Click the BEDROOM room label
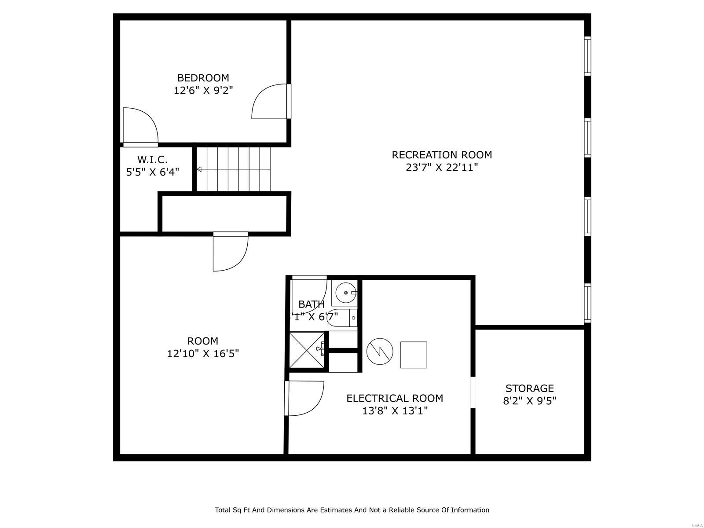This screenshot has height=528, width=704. [x=203, y=78]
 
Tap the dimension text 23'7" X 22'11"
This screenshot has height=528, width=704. [x=442, y=168]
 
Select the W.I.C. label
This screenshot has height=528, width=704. [x=152, y=159]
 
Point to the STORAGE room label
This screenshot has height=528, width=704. [x=529, y=389]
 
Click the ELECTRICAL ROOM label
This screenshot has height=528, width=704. [x=395, y=398]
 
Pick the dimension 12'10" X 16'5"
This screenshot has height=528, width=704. [x=203, y=353]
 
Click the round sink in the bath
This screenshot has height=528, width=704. [x=346, y=292]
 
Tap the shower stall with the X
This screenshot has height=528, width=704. [x=307, y=350]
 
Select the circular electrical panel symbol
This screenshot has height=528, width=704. [x=379, y=351]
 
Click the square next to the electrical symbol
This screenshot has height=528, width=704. [x=414, y=355]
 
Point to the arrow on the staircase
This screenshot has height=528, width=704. [x=199, y=169]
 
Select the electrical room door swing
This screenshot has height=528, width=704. [x=304, y=398]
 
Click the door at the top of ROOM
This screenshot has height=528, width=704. [x=230, y=252]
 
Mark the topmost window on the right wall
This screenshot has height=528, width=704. [x=587, y=56]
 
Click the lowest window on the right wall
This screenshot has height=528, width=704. [x=587, y=303]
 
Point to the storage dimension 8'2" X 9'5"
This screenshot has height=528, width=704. [x=529, y=401]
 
